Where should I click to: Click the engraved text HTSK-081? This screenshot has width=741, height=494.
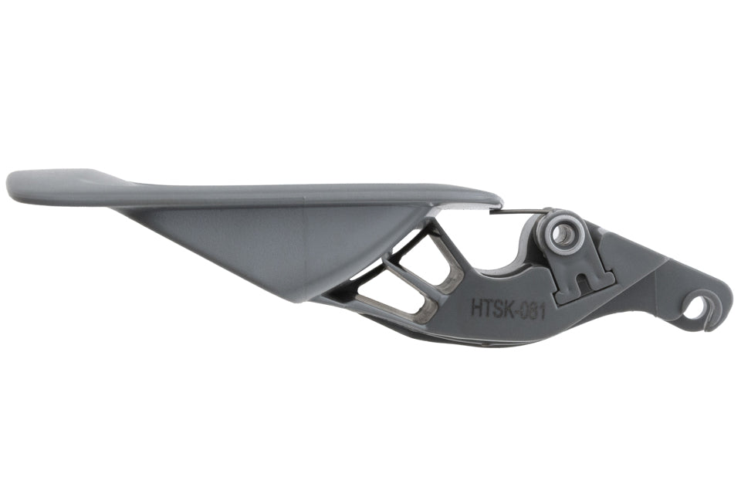pyautogui.click(x=509, y=310)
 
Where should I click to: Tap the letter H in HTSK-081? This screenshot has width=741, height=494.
pyautogui.click(x=476, y=306)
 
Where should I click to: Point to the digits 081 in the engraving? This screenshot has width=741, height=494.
pyautogui.click(x=533, y=312)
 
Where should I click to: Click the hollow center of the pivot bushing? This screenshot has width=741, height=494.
pyautogui.click(x=562, y=233)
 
